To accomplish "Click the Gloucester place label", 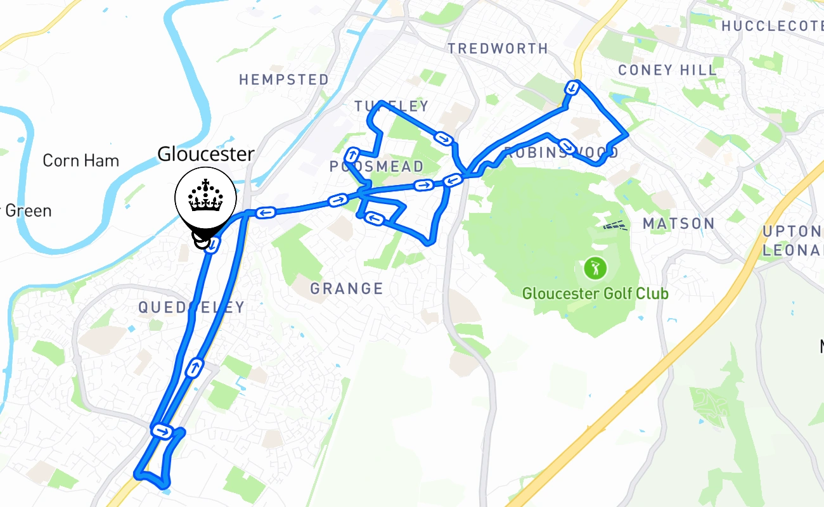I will [x=205, y=154].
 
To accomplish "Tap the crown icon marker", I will [x=205, y=197].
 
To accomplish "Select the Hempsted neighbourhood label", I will [x=284, y=80].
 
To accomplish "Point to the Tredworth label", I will [x=498, y=49].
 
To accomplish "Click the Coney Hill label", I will [x=667, y=70].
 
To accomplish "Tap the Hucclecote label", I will [x=772, y=26].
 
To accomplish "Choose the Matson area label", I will [x=678, y=224].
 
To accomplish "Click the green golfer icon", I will [x=595, y=268].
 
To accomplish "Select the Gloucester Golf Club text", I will [x=595, y=294].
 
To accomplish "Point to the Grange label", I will [x=347, y=290].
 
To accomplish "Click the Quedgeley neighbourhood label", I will [x=191, y=308].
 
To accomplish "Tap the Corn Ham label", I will [x=80, y=161].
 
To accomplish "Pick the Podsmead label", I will [x=377, y=167].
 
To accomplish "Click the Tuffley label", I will [x=391, y=106].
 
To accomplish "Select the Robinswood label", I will [x=561, y=153].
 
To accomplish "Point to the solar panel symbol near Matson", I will [x=614, y=225].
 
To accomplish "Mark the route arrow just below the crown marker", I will [x=214, y=244].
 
